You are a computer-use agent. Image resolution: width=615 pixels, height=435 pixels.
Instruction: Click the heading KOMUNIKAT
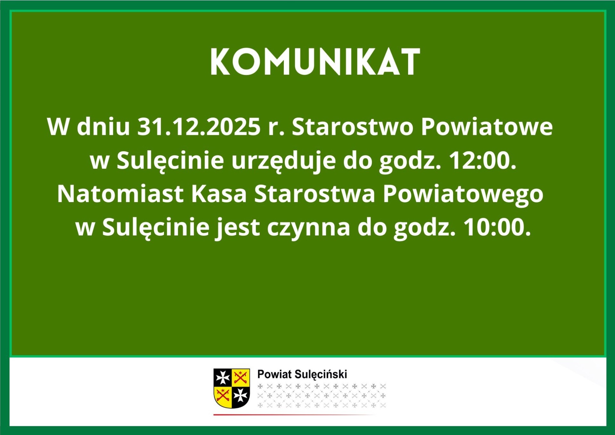point(315,62)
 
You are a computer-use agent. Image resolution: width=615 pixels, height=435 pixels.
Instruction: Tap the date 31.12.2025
point(199,127)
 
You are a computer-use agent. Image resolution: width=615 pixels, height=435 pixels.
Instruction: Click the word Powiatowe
point(487,127)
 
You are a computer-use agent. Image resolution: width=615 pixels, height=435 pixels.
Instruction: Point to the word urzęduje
point(283,161)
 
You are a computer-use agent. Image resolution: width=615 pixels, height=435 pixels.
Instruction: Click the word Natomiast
point(120,194)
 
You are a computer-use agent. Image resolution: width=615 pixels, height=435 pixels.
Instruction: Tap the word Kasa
point(219,194)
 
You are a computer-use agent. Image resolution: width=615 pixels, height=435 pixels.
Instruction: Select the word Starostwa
point(315,194)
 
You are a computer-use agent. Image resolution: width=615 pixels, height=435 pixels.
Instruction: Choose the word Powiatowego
point(463,194)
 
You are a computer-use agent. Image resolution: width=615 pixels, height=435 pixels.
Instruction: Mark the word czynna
point(308,228)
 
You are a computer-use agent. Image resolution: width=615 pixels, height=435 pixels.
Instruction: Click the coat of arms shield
point(232,388)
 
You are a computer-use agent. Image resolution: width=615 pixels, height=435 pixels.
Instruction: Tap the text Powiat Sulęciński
point(302,374)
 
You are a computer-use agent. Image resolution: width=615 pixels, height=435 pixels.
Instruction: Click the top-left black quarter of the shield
point(223,378)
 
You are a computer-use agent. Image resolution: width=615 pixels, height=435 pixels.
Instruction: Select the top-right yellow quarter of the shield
point(241,377)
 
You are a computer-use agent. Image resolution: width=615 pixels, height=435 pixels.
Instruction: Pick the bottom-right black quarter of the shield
point(241,396)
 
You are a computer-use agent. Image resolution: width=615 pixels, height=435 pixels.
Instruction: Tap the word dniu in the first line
point(103,127)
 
